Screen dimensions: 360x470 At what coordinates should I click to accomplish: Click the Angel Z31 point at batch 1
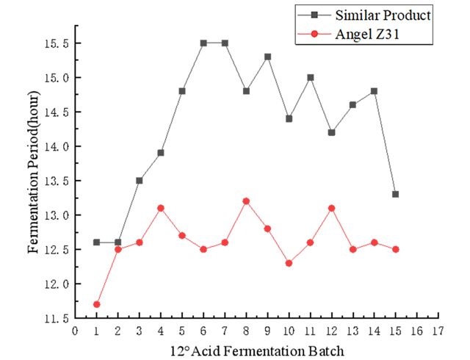click(96, 304)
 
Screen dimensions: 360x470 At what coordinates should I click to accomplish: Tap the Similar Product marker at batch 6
click(203, 43)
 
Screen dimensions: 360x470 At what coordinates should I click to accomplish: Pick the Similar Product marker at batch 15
click(396, 194)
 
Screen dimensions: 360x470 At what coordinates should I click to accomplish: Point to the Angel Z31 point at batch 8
click(246, 201)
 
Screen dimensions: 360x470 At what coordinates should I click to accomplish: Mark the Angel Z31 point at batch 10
click(289, 263)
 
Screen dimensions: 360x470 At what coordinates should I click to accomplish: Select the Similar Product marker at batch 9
click(267, 57)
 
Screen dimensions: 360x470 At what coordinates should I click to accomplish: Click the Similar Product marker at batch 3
click(139, 180)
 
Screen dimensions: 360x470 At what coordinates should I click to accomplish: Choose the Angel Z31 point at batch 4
click(160, 208)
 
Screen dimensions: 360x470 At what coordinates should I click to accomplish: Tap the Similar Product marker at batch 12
click(332, 132)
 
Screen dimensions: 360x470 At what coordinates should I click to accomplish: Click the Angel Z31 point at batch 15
click(396, 249)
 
